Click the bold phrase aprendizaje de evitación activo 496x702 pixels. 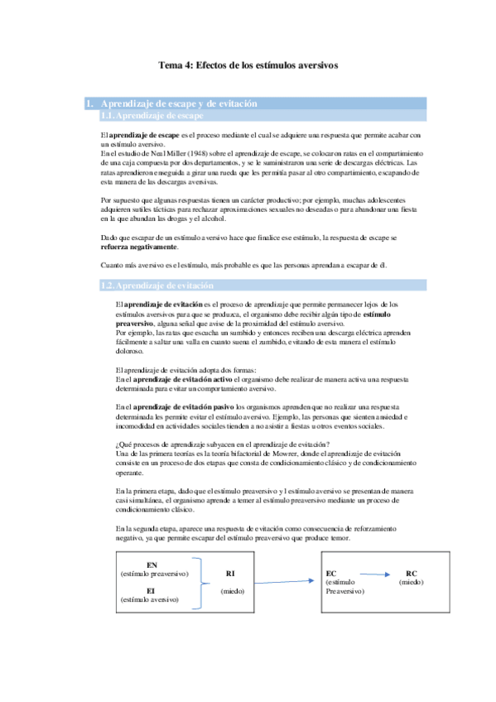click(181, 379)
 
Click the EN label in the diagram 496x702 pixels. click(152, 565)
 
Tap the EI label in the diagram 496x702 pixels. click(152, 590)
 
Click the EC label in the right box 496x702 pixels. click(332, 573)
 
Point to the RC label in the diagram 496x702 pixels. click(412, 573)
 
